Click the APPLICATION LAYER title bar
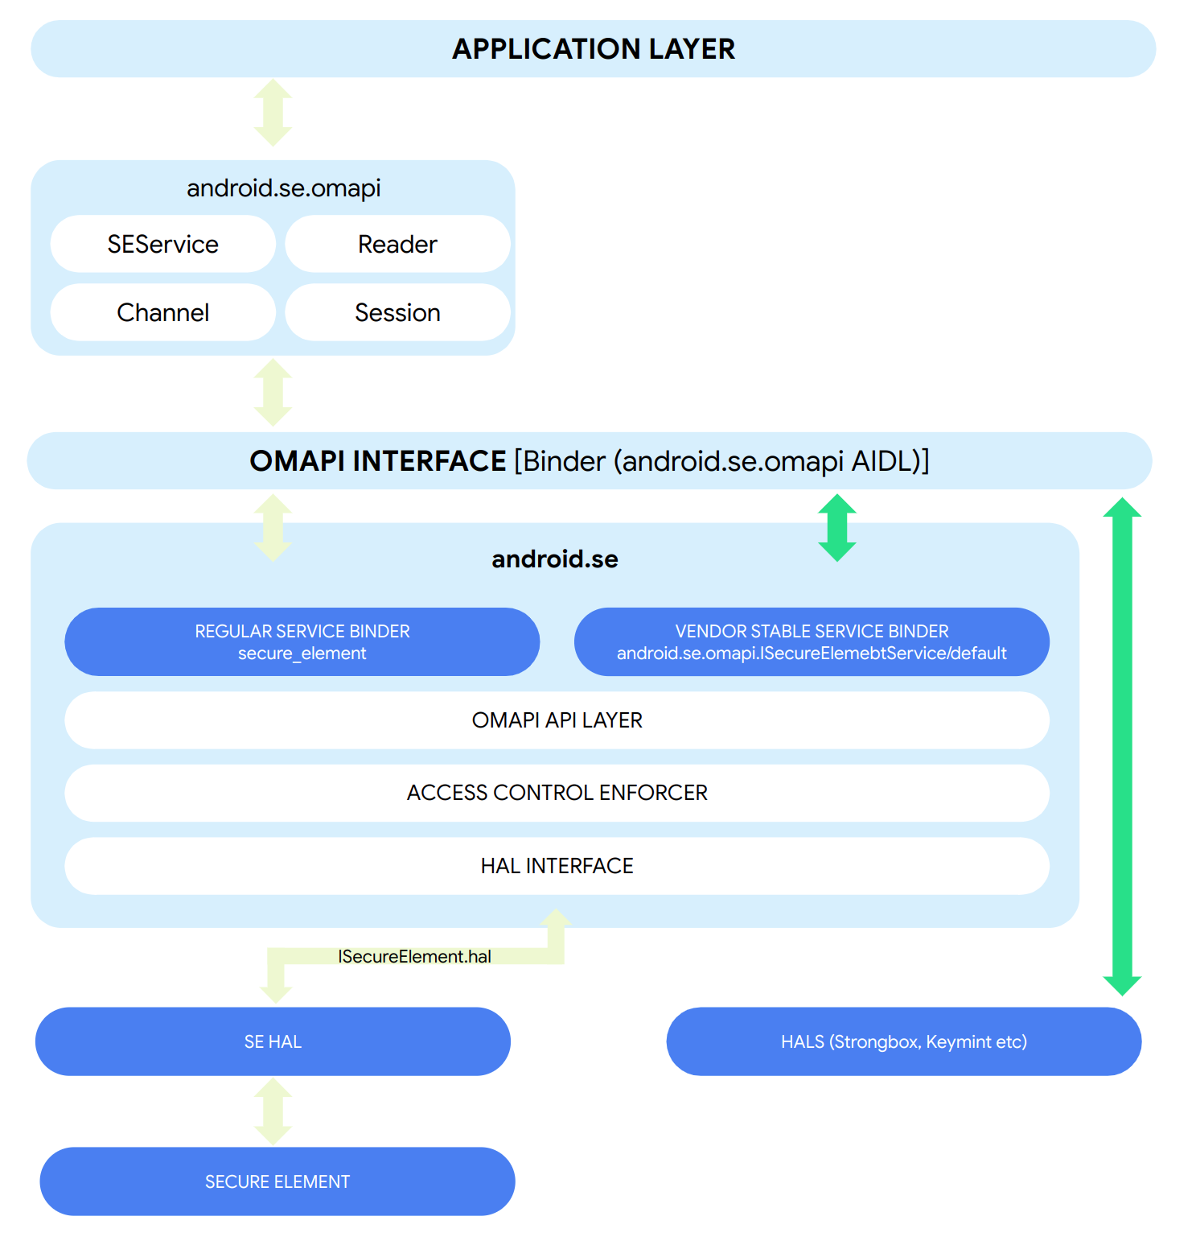click(x=593, y=49)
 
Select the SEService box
click(x=163, y=244)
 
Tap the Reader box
click(x=397, y=244)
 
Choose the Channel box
click(x=163, y=312)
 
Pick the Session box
click(x=397, y=312)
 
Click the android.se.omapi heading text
click(x=283, y=188)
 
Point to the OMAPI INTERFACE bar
click(x=589, y=461)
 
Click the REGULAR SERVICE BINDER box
click(x=302, y=641)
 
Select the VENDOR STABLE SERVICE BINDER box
click(x=812, y=641)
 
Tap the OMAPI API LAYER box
click(x=557, y=720)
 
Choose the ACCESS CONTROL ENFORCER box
click(x=557, y=793)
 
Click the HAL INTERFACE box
click(x=557, y=866)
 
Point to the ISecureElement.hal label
click(x=414, y=956)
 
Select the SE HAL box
click(x=273, y=1041)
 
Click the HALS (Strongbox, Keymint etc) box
click(x=903, y=1041)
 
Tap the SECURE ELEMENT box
click(x=277, y=1181)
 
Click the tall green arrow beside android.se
click(x=1122, y=746)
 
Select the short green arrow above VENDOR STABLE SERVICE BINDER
click(x=836, y=528)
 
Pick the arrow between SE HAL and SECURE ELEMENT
click(x=273, y=1111)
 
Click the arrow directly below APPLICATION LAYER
click(x=273, y=113)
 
